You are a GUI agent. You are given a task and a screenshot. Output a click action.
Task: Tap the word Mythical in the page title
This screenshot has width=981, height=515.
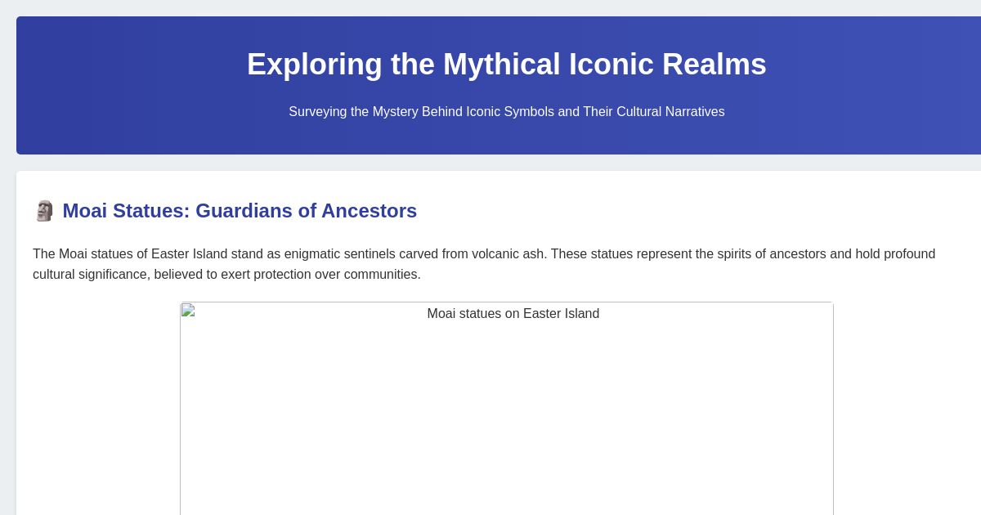(501, 65)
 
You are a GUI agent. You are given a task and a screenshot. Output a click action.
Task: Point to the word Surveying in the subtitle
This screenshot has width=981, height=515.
(318, 112)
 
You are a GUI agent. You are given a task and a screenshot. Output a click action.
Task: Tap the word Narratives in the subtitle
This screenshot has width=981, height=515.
(693, 112)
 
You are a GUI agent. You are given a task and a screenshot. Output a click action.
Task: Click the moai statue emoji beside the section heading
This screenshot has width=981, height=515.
(44, 211)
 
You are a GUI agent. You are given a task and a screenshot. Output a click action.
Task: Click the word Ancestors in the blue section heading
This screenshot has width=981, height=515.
(369, 211)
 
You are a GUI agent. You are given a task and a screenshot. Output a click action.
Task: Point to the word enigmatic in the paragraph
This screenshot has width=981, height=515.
(315, 254)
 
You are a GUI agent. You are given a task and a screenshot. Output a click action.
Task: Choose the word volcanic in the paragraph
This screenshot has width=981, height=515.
(495, 254)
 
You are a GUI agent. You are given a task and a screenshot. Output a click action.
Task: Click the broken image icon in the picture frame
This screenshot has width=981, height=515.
(188, 310)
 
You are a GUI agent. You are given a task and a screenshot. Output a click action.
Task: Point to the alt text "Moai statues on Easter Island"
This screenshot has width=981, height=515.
(513, 314)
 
